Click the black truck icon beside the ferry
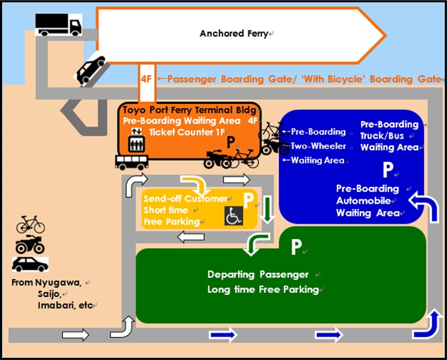click(x=58, y=25)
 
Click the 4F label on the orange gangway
click(x=146, y=79)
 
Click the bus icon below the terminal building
click(x=130, y=162)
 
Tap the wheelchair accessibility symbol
click(x=232, y=217)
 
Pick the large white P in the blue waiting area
click(x=388, y=170)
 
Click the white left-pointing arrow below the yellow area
click(x=190, y=237)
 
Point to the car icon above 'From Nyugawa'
click(x=30, y=264)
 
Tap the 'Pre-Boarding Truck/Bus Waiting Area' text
click(x=390, y=136)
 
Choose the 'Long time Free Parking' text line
click(x=263, y=289)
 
